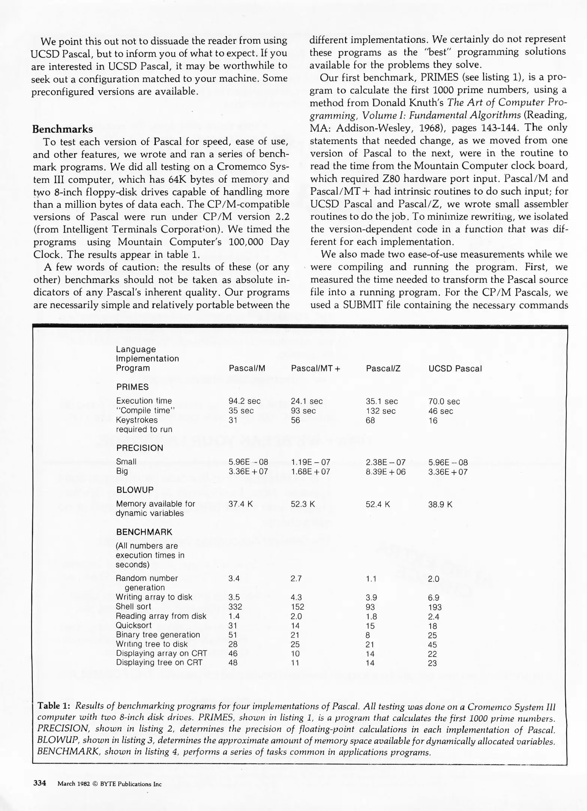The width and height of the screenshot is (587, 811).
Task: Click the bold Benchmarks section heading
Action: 62,129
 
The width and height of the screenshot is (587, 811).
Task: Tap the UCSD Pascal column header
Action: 455,368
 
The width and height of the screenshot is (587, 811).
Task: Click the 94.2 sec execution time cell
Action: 244,401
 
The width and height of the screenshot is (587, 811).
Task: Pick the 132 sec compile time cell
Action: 381,411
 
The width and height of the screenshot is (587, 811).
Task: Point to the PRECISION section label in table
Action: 140,448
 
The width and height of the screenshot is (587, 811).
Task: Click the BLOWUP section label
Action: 135,490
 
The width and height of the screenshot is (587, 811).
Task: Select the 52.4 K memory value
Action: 378,504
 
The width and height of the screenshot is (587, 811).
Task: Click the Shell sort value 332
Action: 235,607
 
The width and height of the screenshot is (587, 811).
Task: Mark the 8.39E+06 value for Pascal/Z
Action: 385,472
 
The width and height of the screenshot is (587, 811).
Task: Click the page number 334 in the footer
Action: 39,783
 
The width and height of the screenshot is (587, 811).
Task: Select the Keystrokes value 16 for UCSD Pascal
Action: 433,421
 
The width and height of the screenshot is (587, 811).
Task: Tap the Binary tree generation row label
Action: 158,635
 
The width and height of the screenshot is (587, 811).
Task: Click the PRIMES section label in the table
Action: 132,387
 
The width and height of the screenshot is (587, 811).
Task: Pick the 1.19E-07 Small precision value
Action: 310,462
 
